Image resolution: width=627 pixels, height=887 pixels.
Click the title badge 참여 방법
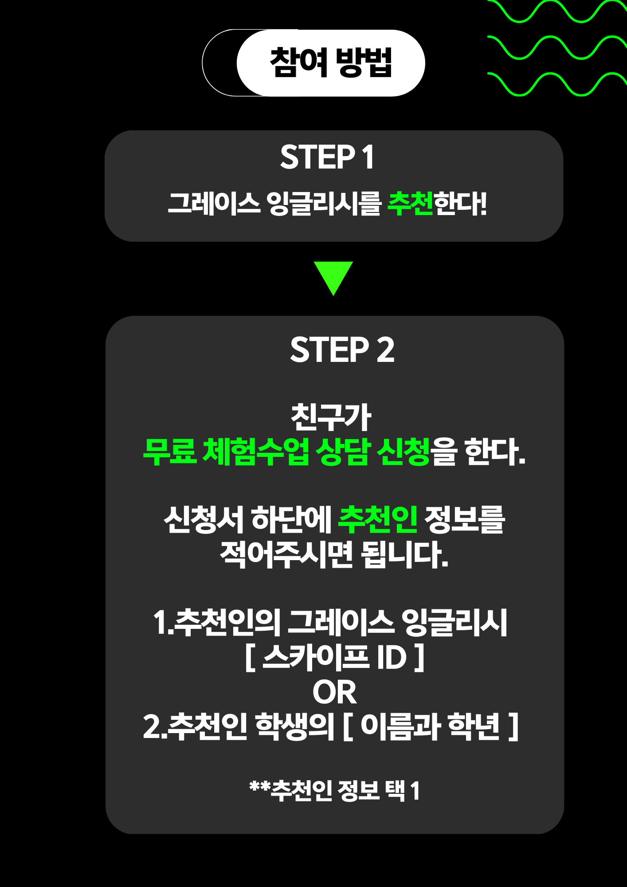click(331, 63)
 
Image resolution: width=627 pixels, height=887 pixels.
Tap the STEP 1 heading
click(327, 157)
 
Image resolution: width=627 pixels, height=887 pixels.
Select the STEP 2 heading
click(342, 349)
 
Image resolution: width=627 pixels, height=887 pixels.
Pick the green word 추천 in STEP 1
click(410, 204)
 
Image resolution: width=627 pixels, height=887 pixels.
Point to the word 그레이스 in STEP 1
click(214, 204)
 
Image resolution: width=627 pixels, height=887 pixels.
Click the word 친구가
click(331, 417)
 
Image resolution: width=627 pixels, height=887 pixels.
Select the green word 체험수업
click(256, 451)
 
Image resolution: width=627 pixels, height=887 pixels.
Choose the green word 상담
click(342, 451)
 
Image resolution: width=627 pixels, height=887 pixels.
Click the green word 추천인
click(378, 519)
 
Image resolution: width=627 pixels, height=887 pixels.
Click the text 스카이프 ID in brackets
click(335, 657)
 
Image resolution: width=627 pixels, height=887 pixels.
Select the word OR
click(334, 692)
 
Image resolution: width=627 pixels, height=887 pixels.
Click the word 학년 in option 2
click(474, 726)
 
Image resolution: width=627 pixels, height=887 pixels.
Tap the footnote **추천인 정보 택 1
click(335, 790)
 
